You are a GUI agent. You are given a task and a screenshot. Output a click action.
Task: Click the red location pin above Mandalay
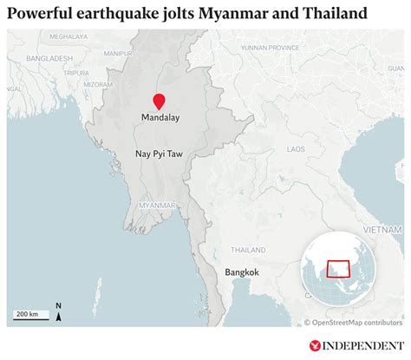pyautogui.click(x=159, y=101)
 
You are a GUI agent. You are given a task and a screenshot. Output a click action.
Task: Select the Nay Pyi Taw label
pyautogui.click(x=158, y=154)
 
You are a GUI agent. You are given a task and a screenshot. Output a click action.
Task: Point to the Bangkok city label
pyautogui.click(x=242, y=272)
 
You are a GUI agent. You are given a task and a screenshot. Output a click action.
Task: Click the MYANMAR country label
pyautogui.click(x=158, y=205)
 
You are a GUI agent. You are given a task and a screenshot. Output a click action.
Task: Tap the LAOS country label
pyautogui.click(x=297, y=149)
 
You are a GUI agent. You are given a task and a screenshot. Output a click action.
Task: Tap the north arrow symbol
pyautogui.click(x=57, y=311)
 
